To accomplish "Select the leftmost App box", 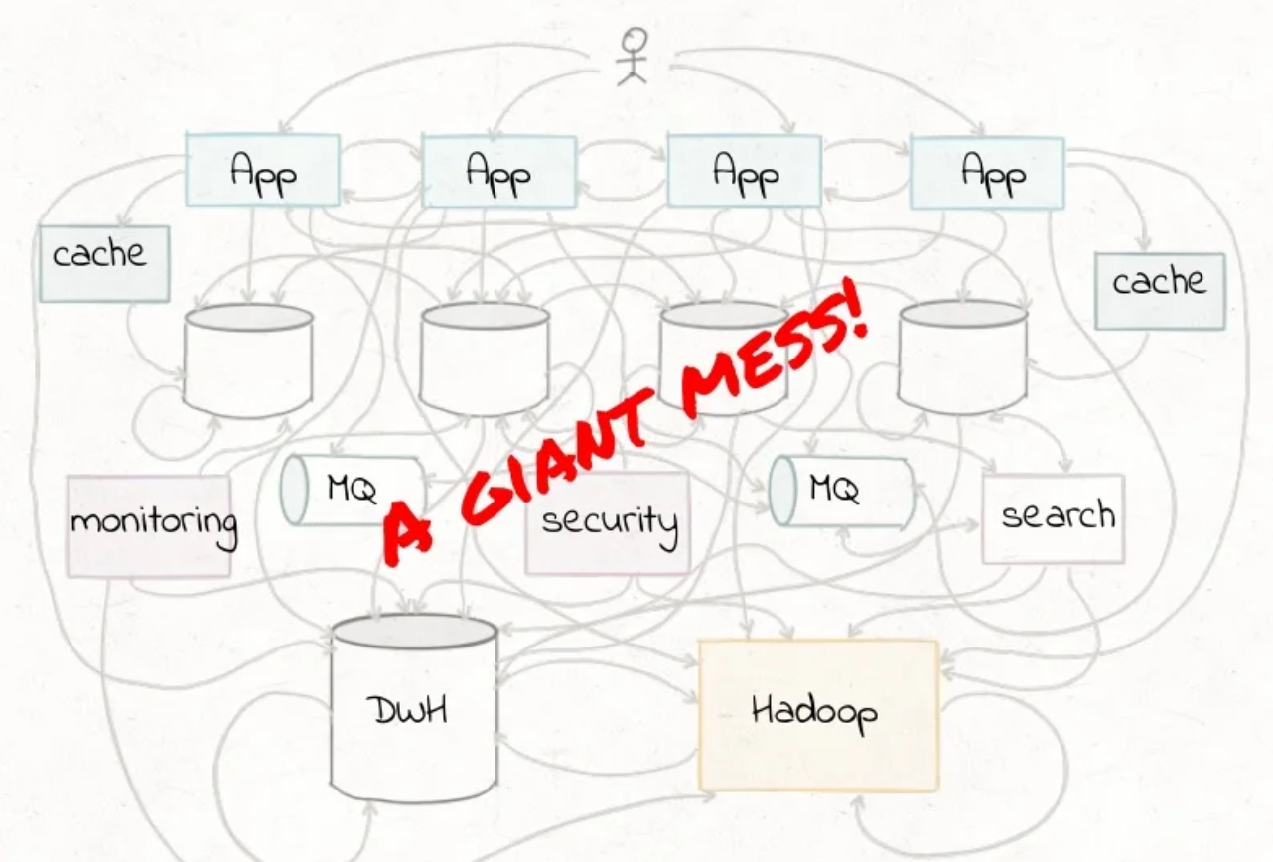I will point(263,170).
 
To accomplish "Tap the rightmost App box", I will point(987,173).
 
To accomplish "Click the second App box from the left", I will point(498,171).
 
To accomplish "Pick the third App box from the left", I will point(745,171).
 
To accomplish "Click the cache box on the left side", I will point(103,263).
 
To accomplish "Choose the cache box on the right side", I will point(1159,290).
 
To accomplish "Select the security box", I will point(608,522).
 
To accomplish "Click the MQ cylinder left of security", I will point(353,490).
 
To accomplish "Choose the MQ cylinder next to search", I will point(842,491).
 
